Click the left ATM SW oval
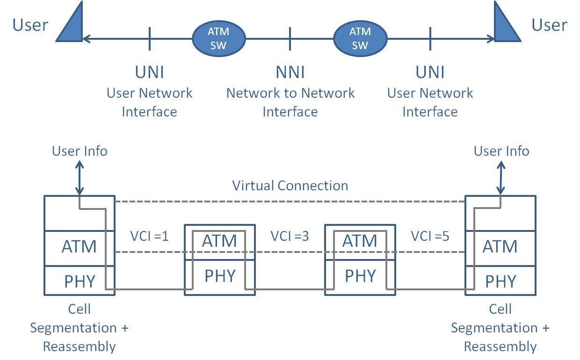tap(219, 38)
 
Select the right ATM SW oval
tap(360, 38)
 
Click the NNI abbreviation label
tap(290, 72)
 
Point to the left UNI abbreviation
tap(150, 72)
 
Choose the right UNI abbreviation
tap(430, 72)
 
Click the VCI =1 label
tap(150, 236)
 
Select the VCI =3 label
tap(290, 236)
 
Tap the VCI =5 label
tap(430, 236)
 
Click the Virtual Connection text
tap(290, 186)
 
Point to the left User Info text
tap(80, 151)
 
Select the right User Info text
tap(501, 151)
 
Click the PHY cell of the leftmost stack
tap(80, 281)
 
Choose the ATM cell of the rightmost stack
tap(500, 246)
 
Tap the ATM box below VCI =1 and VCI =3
tap(220, 241)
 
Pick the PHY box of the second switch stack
tap(360, 276)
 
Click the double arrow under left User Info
tap(80, 178)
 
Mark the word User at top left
tap(30, 25)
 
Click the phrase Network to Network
tap(290, 93)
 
